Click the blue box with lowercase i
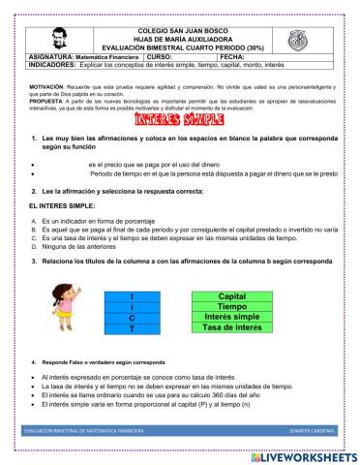[x=132, y=307]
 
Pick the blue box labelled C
[x=132, y=318]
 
